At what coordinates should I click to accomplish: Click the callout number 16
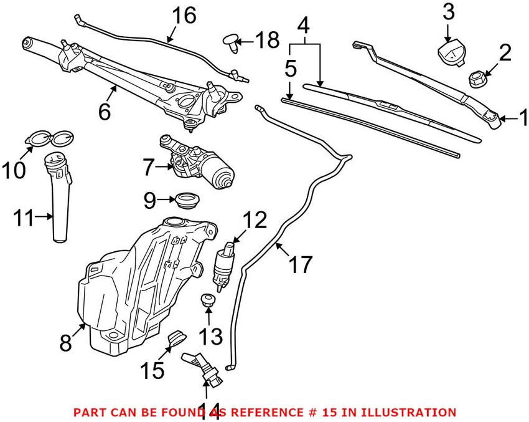pos(184,16)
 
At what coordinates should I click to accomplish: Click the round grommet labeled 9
pos(188,200)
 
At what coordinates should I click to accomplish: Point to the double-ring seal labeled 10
pos(50,139)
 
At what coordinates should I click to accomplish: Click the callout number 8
pos(66,343)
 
